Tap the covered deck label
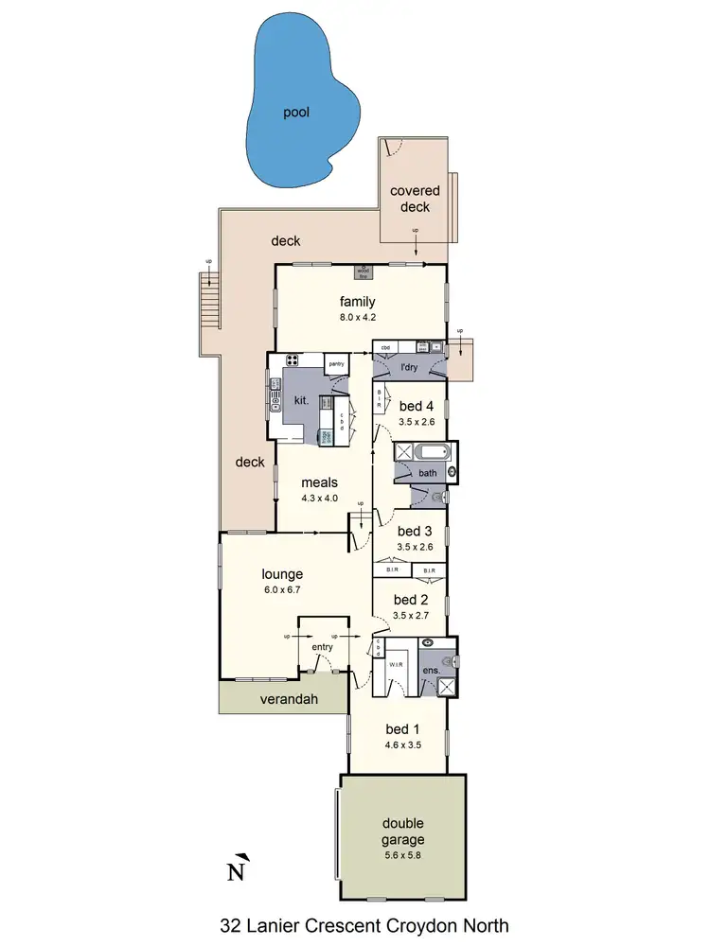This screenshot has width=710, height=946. (415, 199)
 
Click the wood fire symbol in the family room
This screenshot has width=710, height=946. (363, 272)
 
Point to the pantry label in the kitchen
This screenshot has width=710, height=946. (336, 363)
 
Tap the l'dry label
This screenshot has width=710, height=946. (409, 366)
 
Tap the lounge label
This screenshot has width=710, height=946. (282, 573)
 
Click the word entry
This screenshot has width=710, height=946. (322, 647)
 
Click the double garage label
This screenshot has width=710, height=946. (404, 831)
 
